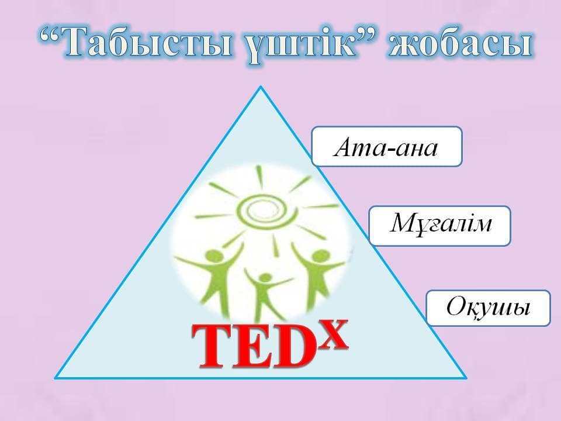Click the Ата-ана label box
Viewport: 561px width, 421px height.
387,146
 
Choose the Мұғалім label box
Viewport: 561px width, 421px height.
439,226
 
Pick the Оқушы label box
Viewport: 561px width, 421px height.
488,308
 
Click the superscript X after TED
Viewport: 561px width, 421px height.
334,336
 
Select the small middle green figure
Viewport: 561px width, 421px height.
265,294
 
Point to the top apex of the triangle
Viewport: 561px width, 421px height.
261,87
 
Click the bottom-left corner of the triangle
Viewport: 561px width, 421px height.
56,377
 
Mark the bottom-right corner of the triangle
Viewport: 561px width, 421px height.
466,377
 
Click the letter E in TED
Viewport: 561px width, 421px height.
252,347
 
